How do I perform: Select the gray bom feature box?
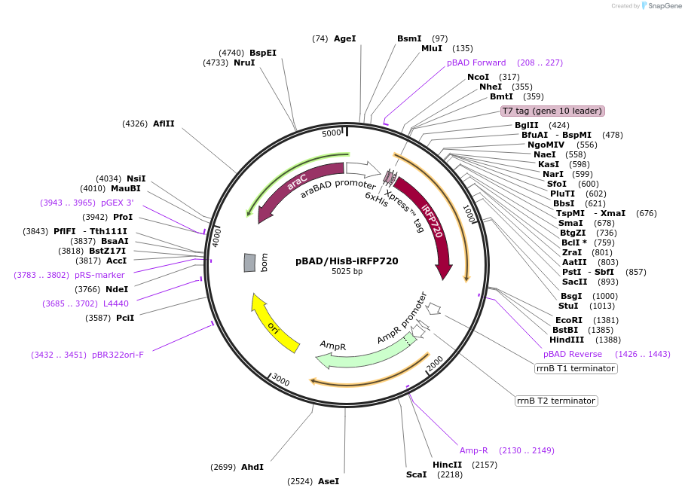pyautogui.click(x=249, y=262)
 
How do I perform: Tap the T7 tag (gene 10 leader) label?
pyautogui.click(x=553, y=111)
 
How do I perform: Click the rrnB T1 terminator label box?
pyautogui.click(x=576, y=368)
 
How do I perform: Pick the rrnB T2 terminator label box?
pyautogui.click(x=557, y=401)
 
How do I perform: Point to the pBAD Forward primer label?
pyautogui.click(x=476, y=63)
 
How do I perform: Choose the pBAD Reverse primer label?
pyautogui.click(x=573, y=354)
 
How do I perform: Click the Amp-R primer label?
pyautogui.click(x=474, y=450)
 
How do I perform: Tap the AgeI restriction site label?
pyautogui.click(x=344, y=38)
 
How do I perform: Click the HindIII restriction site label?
pyautogui.click(x=565, y=340)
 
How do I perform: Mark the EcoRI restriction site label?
pyautogui.click(x=569, y=320)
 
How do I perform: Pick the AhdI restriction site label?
pyautogui.click(x=252, y=467)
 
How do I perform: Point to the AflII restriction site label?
pyautogui.click(x=164, y=123)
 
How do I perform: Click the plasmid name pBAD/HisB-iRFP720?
pyautogui.click(x=347, y=261)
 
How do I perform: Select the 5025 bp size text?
pyautogui.click(x=347, y=272)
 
